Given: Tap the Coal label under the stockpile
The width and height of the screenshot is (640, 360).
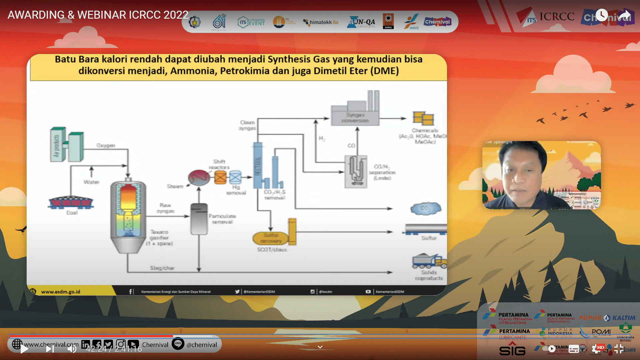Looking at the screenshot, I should pyautogui.click(x=72, y=213).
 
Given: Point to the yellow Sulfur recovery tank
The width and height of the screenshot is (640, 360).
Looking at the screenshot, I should pyautogui.click(x=271, y=238).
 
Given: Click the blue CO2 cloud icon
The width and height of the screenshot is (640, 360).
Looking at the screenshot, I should pyautogui.click(x=426, y=209).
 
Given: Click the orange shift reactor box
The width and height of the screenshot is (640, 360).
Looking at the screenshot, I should pyautogui.click(x=220, y=177).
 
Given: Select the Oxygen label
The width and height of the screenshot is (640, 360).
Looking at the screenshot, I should pyautogui.click(x=106, y=145).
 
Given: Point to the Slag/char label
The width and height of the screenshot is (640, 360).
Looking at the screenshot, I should pyautogui.click(x=162, y=268).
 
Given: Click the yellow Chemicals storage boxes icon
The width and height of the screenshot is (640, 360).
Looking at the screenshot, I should pyautogui.click(x=423, y=118).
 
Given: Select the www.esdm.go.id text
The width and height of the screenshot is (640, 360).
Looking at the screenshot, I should pyautogui.click(x=61, y=292).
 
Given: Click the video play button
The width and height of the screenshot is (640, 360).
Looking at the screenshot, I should pyautogui.click(x=24, y=349).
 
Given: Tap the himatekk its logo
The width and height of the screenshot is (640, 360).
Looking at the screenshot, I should pyautogui.click(x=320, y=22).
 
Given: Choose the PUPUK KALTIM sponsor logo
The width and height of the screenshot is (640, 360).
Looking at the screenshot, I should pyautogui.click(x=607, y=318).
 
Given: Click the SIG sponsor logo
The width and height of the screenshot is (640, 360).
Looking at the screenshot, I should pyautogui.click(x=512, y=350).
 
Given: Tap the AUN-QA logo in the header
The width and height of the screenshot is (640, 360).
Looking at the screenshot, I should pyautogui.click(x=361, y=22).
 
